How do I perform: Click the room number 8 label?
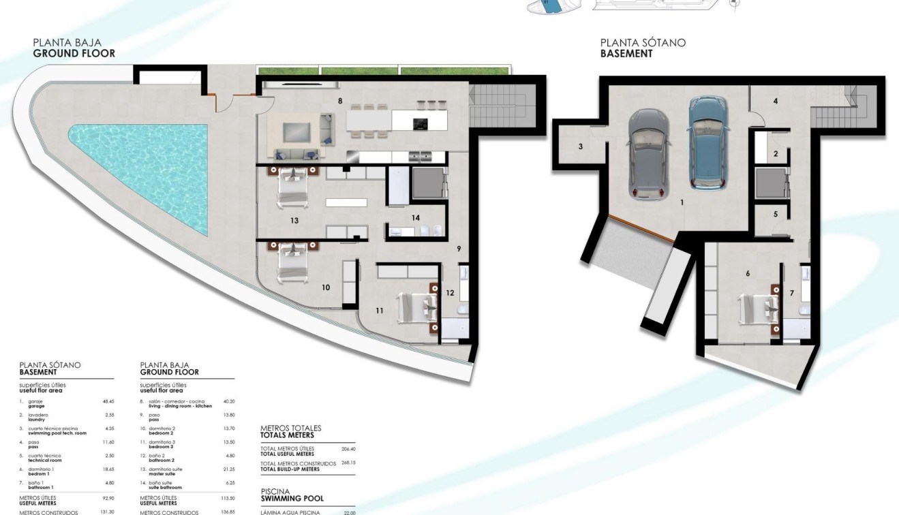click(339, 101)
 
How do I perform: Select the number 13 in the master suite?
click(294, 221)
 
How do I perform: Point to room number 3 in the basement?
click(581, 146)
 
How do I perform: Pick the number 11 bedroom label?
click(379, 310)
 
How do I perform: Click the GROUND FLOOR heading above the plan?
click(74, 53)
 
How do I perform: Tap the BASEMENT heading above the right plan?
click(626, 53)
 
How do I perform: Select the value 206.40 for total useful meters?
click(348, 450)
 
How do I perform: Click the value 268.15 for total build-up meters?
click(348, 463)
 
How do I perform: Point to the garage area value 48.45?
click(107, 402)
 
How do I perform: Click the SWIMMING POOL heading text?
click(293, 499)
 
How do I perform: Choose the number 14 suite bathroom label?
click(416, 217)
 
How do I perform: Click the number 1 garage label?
click(682, 202)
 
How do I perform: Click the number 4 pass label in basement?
click(776, 102)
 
